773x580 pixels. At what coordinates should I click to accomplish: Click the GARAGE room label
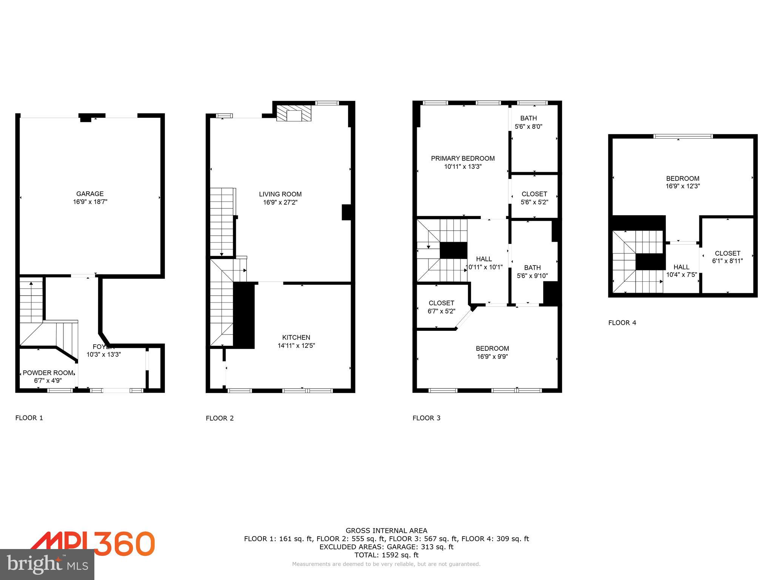point(90,194)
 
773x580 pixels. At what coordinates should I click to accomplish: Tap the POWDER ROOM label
point(48,373)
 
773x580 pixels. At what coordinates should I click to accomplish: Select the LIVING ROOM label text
point(280,194)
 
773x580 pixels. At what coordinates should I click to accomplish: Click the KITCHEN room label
point(296,338)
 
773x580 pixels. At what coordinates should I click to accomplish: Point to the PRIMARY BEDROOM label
point(463,159)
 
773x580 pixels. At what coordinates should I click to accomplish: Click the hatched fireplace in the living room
point(294,113)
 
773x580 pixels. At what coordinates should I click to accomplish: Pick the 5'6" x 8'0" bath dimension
point(528,127)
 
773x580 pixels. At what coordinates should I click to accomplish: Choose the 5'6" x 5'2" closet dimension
point(534,202)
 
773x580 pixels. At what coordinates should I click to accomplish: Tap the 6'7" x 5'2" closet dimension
point(441,312)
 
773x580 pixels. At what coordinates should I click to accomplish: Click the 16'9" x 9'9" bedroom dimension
point(492,356)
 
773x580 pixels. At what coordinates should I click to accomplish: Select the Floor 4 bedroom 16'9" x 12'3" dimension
point(683,186)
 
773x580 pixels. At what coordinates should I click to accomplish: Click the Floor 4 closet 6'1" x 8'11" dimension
point(727,261)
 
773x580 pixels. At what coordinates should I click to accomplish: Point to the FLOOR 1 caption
point(29,418)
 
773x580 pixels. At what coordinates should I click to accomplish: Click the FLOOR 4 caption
point(622,323)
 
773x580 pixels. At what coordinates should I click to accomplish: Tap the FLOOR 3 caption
point(427,418)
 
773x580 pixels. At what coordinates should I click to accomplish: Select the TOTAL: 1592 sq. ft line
point(386,555)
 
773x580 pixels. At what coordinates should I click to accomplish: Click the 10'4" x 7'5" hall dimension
point(681,275)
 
